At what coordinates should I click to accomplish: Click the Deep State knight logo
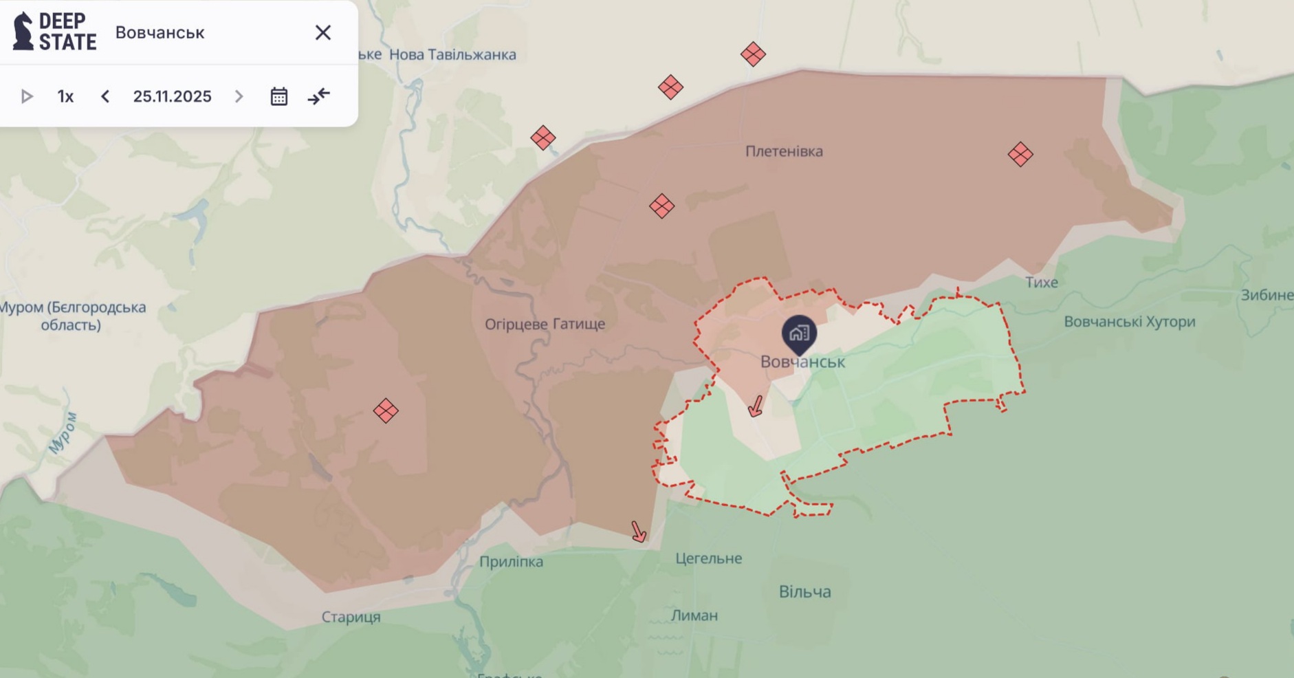pos(23,32)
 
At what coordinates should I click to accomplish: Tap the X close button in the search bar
pos(322,32)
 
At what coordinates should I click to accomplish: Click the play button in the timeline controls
pos(27,96)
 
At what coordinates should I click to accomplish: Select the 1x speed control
pos(65,96)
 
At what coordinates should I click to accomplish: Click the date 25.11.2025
pos(172,96)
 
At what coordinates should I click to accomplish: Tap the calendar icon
pos(278,96)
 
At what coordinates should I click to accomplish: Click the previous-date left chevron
pos(105,96)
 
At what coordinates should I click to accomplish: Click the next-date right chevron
pos(239,96)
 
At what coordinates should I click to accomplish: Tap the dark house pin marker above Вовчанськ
pos(799,333)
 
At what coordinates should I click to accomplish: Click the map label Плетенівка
pos(784,151)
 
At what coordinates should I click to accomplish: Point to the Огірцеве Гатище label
pos(545,324)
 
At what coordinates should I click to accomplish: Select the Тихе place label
pos(1041,282)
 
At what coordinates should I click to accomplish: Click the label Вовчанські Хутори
pos(1129,322)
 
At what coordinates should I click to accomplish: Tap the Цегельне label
pos(708,558)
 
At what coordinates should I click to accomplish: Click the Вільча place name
pos(804,591)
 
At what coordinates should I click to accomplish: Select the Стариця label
pos(351,617)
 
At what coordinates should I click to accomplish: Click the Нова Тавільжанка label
pos(452,54)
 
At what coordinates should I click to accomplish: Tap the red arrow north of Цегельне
pos(639,532)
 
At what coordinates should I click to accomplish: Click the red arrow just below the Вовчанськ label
pos(756,406)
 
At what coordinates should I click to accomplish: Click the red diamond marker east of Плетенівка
pos(1020,155)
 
